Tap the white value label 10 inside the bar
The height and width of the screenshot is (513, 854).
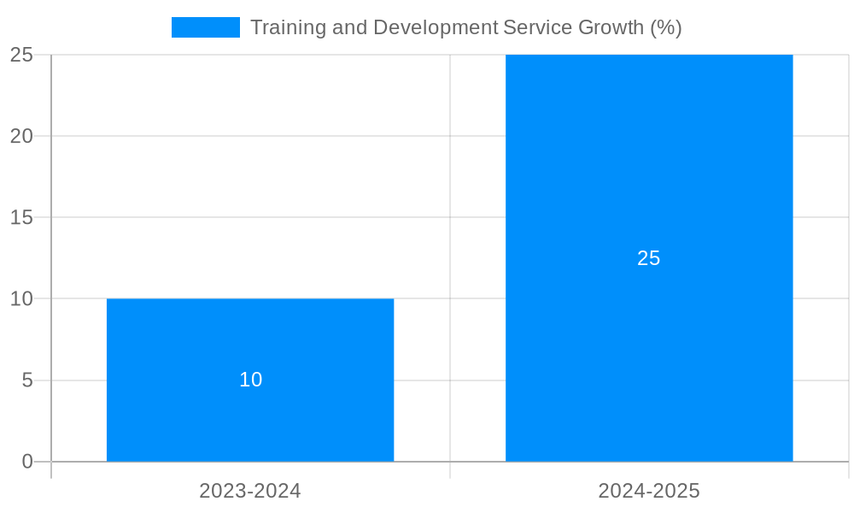[250, 380]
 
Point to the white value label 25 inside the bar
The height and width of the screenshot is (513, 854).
[649, 258]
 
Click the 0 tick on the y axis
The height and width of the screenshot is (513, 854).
[26, 462]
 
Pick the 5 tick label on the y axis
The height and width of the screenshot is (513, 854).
[26, 380]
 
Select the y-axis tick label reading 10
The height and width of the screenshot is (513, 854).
[21, 298]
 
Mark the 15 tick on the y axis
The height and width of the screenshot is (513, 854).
[21, 217]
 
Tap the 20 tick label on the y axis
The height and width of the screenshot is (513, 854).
[21, 136]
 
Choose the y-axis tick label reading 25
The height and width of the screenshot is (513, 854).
[21, 55]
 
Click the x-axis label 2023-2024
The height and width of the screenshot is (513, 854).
[250, 491]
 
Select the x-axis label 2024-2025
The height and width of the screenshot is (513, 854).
[649, 491]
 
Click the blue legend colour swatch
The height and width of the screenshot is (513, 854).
[206, 27]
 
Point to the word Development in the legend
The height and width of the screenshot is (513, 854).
[435, 27]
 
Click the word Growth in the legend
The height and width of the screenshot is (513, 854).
[611, 27]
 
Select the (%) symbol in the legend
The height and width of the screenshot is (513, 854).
[666, 27]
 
